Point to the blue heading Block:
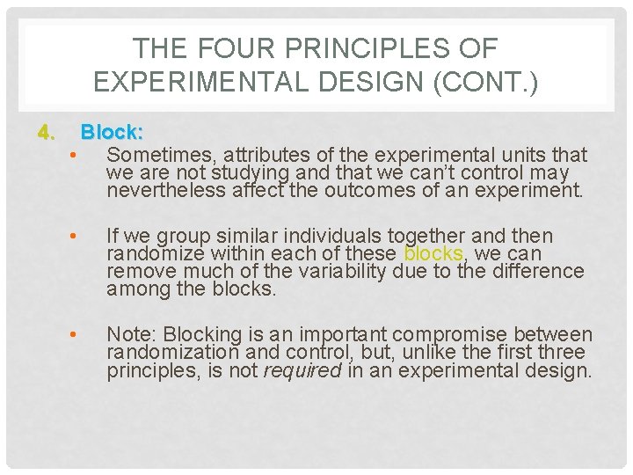point(113,133)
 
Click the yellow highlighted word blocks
point(433,253)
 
